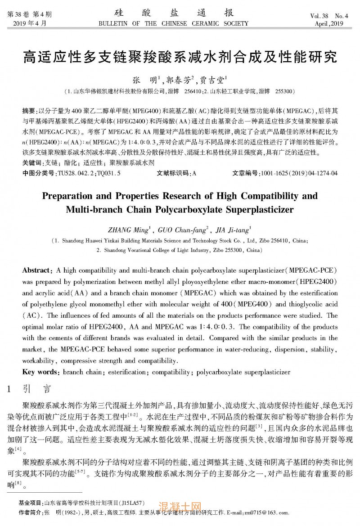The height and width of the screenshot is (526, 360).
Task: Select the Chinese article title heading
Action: [x=180, y=57]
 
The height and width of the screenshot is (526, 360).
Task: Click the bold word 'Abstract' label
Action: [x=37, y=270]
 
